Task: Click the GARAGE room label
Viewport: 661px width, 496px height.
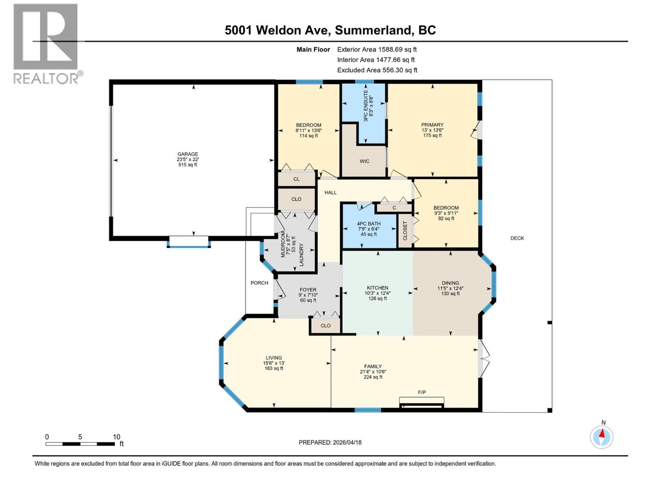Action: click(x=188, y=154)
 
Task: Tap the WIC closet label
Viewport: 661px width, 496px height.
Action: click(x=364, y=161)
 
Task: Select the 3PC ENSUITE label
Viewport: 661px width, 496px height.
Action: click(x=365, y=105)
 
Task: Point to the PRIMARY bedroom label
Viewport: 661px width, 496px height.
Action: click(x=432, y=125)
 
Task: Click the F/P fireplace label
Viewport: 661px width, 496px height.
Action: click(x=422, y=392)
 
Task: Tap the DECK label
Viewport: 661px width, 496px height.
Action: click(x=517, y=238)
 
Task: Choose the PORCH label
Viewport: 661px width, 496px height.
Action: click(x=259, y=283)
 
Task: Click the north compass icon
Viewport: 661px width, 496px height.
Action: click(x=602, y=437)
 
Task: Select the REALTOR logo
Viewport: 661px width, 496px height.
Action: click(x=46, y=43)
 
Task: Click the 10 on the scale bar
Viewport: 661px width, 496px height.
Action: click(x=117, y=437)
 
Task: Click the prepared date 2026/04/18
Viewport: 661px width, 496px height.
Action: click(x=347, y=442)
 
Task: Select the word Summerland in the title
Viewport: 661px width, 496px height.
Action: click(x=373, y=30)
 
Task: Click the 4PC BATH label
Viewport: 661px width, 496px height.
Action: click(x=369, y=224)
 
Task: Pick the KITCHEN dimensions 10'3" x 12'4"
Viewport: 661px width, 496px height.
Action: click(x=377, y=293)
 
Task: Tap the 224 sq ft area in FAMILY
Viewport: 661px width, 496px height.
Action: click(x=373, y=377)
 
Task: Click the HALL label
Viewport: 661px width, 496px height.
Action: click(x=330, y=192)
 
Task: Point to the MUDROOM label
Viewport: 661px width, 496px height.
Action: click(x=283, y=245)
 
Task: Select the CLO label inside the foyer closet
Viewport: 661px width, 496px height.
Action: click(x=326, y=325)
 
